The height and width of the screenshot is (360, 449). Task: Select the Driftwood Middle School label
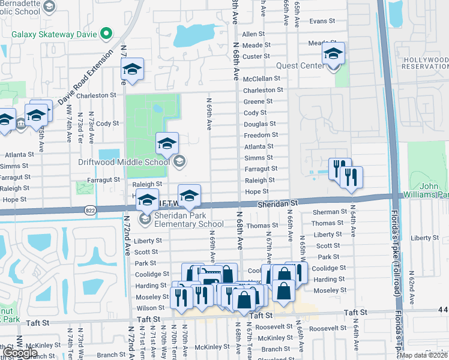(124, 162)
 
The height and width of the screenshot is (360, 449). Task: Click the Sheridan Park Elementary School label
(182, 220)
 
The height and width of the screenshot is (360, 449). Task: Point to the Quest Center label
(300, 66)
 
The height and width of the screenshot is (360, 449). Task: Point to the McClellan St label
(262, 79)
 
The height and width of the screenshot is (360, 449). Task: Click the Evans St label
(322, 21)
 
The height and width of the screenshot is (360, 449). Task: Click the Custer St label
(256, 56)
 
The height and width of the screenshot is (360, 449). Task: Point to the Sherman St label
(326, 212)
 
